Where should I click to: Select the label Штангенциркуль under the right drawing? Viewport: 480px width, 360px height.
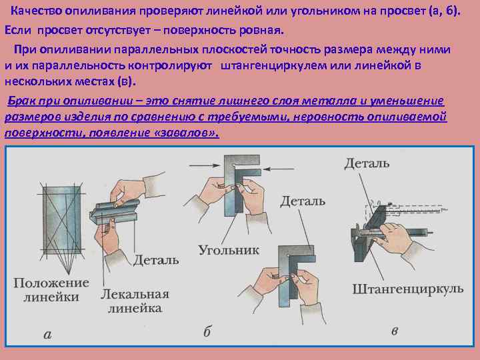coord(407,289)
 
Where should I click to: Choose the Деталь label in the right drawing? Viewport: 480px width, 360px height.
coord(367,163)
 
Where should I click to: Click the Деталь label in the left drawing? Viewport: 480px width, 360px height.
coord(155,259)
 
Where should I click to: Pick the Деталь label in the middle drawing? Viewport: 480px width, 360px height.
coord(303,200)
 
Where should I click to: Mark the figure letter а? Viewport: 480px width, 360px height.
coord(47,334)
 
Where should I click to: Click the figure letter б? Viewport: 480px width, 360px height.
coord(207,331)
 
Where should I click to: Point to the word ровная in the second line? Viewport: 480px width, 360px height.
coord(261,31)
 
